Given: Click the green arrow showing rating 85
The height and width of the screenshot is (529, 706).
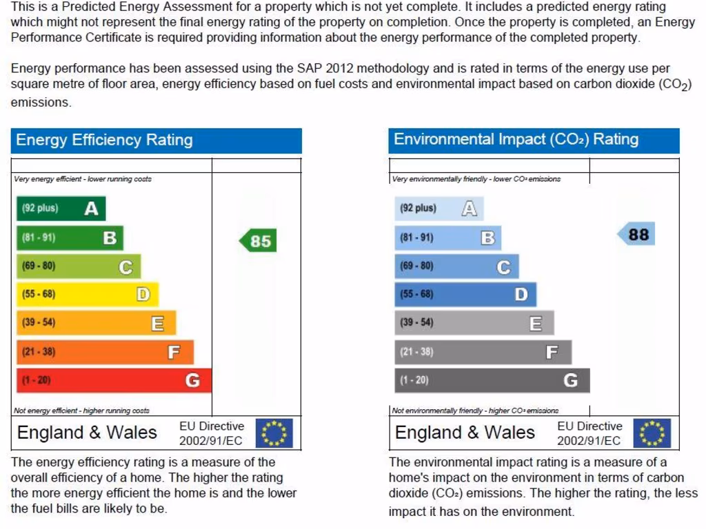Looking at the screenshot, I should tap(258, 240).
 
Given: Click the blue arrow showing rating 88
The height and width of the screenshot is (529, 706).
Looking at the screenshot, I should tap(635, 234).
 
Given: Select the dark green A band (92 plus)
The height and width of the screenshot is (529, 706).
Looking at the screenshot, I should tap(61, 208).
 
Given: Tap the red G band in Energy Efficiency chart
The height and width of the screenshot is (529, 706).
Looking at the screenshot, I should tap(114, 380).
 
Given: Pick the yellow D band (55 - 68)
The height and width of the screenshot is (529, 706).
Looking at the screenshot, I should tap(87, 294).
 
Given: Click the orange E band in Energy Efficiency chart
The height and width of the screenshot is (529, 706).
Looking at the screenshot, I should tap(96, 322).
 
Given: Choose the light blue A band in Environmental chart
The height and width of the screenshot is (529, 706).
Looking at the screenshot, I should tap(438, 208).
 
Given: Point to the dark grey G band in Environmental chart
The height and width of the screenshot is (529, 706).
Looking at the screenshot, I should tap(492, 380).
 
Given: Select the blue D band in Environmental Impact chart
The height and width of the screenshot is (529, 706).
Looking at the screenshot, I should tap(465, 294).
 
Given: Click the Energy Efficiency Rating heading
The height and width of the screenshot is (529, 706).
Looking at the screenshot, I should tap(104, 140).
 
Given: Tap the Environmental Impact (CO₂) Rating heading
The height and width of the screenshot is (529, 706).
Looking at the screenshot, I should tap(516, 139).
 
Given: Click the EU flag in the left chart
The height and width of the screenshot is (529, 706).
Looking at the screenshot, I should tap(274, 433).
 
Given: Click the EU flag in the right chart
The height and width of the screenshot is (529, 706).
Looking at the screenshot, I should tap(652, 433).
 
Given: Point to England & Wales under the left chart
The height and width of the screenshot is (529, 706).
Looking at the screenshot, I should tap(87, 433).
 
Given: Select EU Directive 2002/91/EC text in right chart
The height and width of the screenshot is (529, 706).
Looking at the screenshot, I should tap(589, 433).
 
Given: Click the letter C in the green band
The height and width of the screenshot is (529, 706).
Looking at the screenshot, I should tap(125, 267).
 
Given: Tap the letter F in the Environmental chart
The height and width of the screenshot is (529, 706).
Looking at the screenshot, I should tap(552, 353).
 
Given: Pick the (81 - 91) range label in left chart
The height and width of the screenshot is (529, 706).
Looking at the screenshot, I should tap(39, 238).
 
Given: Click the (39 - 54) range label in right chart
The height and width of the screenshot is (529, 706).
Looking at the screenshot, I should tap(416, 322).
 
